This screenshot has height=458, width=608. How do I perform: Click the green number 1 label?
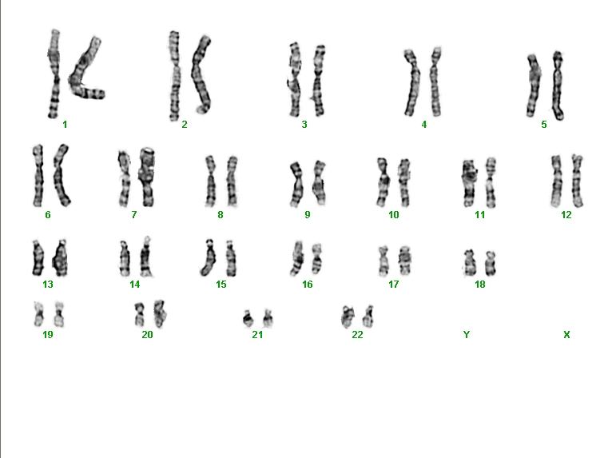65,125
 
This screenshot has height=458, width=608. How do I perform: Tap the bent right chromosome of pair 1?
82,74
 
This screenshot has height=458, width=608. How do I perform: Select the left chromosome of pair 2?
174,76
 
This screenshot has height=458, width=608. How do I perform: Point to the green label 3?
304,125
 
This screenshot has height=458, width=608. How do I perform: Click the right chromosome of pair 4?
435,82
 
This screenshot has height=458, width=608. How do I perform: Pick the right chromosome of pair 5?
558,86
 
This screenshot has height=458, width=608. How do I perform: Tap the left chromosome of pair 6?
38,176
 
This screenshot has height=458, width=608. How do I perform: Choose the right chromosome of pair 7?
147,177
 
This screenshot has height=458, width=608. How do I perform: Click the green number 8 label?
221,215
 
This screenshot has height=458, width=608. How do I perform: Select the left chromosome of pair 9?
296,184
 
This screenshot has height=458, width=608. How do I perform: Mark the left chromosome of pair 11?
469,183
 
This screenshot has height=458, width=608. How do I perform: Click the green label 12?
566,215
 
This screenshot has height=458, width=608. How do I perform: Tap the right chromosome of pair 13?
61,258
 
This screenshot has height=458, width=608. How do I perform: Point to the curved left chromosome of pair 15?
209,258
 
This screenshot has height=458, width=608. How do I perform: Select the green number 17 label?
394,285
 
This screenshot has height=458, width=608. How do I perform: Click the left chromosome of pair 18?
470,263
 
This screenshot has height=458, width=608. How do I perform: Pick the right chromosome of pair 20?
159,313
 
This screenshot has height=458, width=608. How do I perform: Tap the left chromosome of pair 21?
248,318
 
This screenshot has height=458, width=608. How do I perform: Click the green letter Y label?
467,334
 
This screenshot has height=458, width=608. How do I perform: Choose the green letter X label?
566,334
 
